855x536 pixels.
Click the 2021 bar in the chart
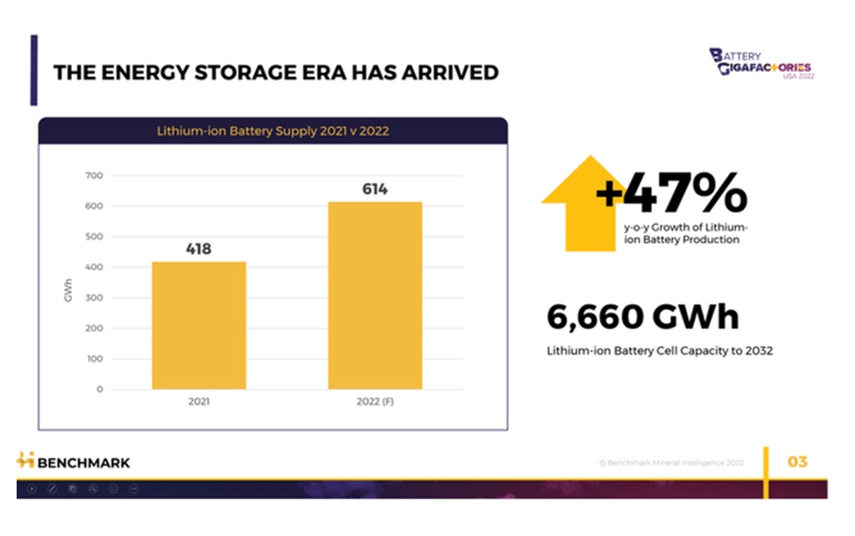coord(199,325)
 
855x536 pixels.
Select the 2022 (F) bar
coord(375,295)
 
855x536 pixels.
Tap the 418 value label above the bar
coord(199,249)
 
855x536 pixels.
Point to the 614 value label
coord(375,189)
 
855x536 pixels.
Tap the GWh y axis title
coord(68,291)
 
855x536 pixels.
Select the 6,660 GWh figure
coord(643,317)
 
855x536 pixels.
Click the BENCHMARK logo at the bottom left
coord(74,462)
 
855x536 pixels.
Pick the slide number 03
coord(796,462)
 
